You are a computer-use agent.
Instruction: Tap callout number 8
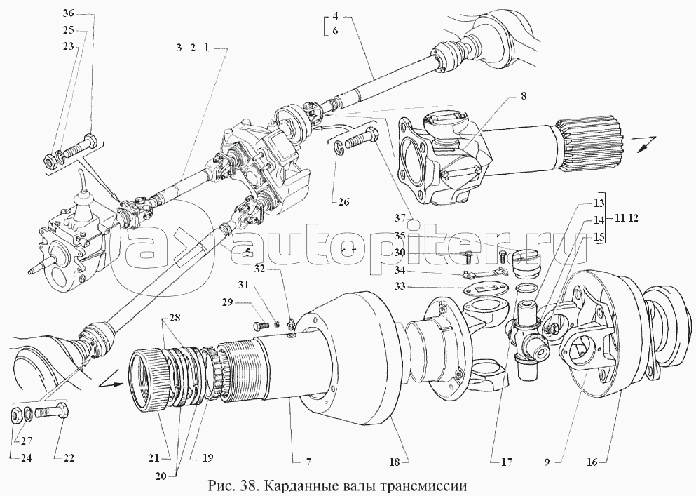(x=524, y=96)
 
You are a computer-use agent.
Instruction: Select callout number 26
(x=343, y=202)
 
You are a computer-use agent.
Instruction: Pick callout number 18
(x=395, y=462)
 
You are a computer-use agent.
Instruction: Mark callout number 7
(x=307, y=462)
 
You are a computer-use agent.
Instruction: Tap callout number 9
(x=547, y=462)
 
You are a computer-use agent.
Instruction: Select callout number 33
(x=401, y=287)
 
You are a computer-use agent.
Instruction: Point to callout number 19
(x=207, y=458)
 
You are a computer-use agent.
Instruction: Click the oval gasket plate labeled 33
(x=485, y=289)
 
